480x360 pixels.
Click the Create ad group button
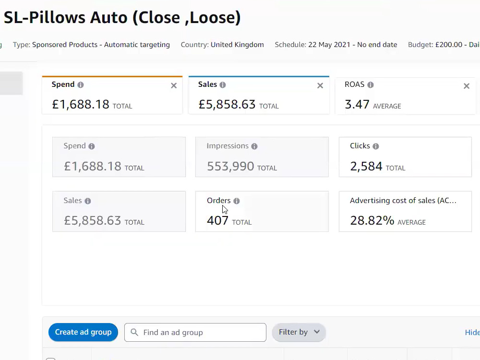pos(83,332)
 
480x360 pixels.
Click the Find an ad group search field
pos(195,332)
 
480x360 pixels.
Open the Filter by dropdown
pos(299,332)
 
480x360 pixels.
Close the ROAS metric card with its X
pos(467,86)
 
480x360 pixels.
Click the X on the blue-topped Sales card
pos(320,86)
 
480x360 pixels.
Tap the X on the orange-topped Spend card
pos(174,86)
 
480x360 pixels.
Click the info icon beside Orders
pos(237,201)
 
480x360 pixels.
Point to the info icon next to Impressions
pos(254,146)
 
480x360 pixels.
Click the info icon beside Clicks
pos(376,146)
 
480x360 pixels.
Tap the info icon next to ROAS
pos(371,85)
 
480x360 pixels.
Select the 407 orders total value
pos(217,220)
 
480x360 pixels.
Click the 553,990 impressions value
pos(230,167)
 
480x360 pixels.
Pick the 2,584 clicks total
pos(366,167)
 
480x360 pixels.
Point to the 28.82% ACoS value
pos(372,220)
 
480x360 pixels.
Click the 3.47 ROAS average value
pos(357,104)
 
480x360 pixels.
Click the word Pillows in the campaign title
pos(57,17)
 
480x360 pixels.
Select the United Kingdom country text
pos(237,45)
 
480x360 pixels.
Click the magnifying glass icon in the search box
pos(134,332)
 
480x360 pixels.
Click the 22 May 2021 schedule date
pos(329,45)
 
